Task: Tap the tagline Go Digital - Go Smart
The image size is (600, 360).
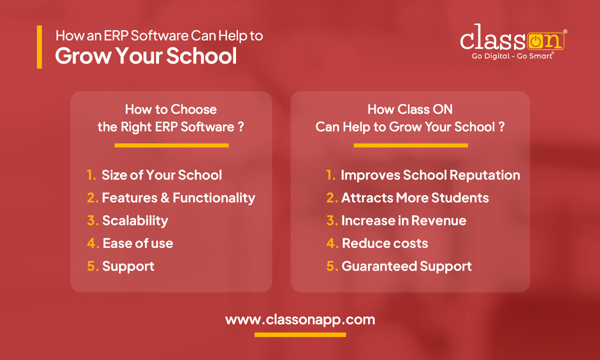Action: point(512,56)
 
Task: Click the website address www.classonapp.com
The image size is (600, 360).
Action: point(300,319)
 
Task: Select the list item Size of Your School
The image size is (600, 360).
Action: point(161,175)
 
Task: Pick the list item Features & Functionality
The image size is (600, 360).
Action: point(178,198)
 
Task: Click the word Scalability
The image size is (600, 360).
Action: point(135,220)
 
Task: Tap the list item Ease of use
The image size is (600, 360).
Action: point(137,243)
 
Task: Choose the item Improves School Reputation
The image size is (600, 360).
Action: point(430,175)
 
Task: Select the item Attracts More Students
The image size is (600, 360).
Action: point(415,198)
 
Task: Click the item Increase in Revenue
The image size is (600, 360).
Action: point(403,220)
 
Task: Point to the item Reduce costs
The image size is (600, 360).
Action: point(384,243)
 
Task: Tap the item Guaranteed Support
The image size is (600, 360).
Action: point(406,266)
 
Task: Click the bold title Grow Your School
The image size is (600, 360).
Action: point(146,56)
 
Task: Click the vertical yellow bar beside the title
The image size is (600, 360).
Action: point(39,47)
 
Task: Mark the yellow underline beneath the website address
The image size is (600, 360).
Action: point(300,334)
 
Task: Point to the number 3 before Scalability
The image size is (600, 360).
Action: point(92,220)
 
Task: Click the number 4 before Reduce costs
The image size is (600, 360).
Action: point(331,243)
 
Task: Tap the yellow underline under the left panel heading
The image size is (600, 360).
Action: point(171,145)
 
